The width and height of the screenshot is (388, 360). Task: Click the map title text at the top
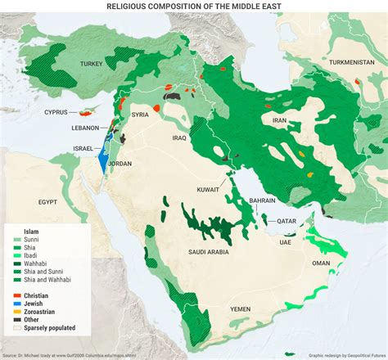[x=193, y=6]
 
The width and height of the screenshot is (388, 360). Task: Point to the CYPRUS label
[x=56, y=112]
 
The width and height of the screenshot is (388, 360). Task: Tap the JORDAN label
[x=119, y=164]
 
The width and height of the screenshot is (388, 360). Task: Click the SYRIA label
[x=140, y=115]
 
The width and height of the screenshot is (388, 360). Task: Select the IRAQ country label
[x=179, y=138]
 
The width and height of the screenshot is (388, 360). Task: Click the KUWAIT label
[x=208, y=189]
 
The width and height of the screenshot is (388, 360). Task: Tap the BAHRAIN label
[x=262, y=200]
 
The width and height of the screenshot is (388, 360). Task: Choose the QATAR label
[x=286, y=220]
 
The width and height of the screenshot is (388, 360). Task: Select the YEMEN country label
[x=240, y=308]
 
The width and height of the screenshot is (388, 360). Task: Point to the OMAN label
[x=322, y=263]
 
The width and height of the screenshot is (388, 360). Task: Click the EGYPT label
[x=47, y=201]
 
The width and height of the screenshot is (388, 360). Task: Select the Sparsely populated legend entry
[x=48, y=327]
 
